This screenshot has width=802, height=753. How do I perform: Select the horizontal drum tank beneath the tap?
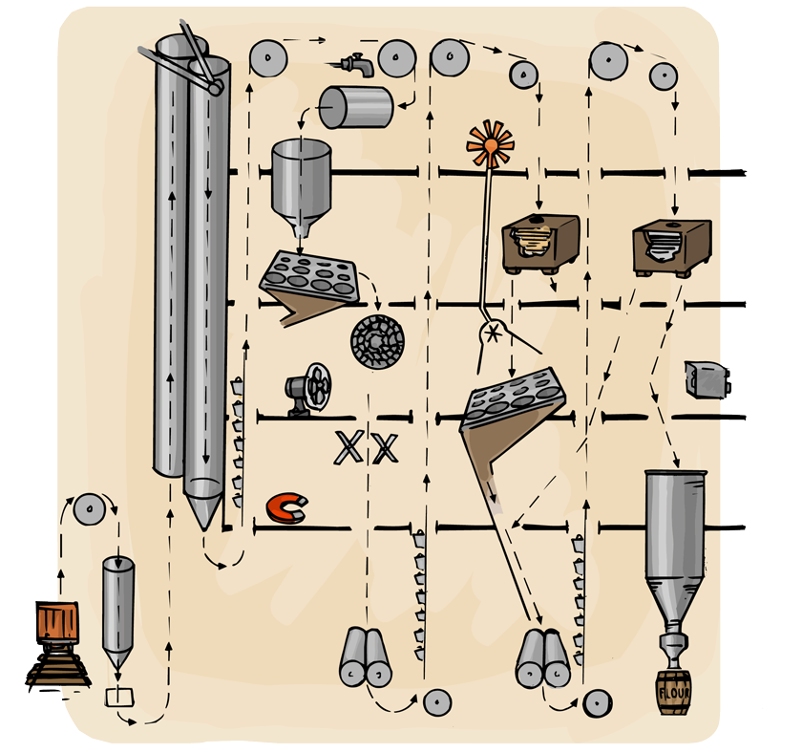pos(355,107)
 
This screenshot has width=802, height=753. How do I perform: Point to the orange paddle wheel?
pos(492,145)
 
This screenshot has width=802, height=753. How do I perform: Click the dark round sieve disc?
pos(378,341)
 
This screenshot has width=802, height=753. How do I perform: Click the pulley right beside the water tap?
pos(395,60)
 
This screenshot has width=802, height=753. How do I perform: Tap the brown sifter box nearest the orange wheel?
pos(540,242)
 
